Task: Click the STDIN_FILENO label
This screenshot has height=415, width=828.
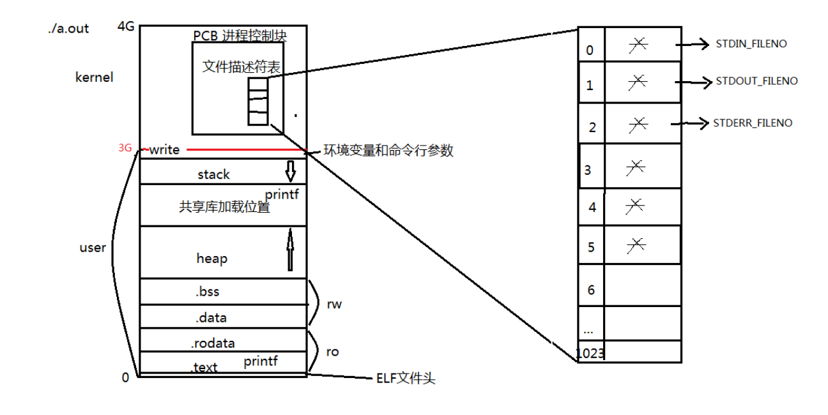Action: pos(751,44)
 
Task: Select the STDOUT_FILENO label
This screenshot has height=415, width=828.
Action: pos(756,81)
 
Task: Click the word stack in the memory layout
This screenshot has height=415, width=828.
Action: pos(213,174)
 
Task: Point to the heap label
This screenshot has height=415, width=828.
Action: pos(211,259)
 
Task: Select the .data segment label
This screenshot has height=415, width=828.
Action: pos(211,317)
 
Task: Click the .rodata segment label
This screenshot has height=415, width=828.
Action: pos(213,343)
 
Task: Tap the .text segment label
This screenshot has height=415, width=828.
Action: pos(204,367)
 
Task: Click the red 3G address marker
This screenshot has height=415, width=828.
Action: pos(125,148)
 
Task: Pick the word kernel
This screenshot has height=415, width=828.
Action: pos(94,78)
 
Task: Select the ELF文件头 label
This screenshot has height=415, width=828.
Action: pos(405,379)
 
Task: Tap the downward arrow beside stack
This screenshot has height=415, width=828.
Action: pos(290,171)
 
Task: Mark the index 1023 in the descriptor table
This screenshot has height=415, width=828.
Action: pos(590,353)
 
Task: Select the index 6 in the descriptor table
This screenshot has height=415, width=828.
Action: pos(591,290)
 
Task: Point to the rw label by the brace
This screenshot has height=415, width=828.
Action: pos(334,304)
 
